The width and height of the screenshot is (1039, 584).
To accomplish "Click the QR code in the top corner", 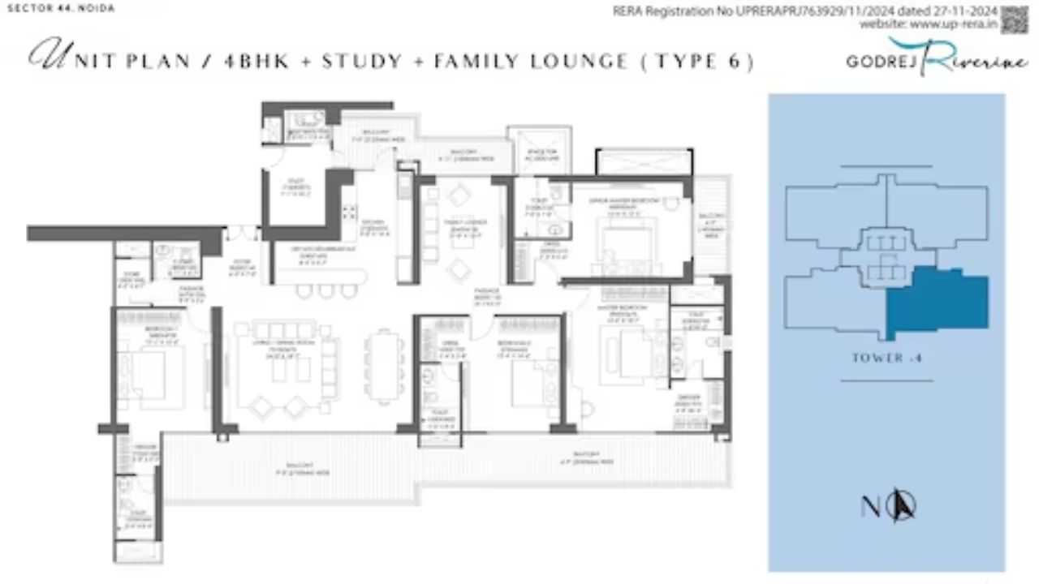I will point(1015,19).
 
